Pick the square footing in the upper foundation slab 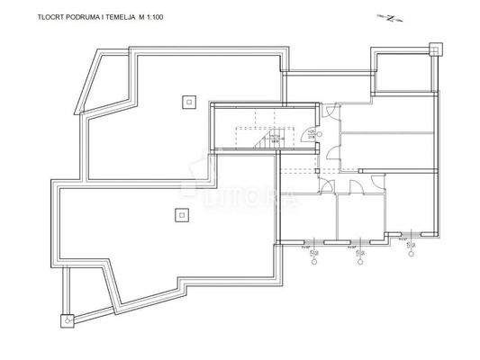tap(187, 101)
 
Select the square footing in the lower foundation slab tap(179, 214)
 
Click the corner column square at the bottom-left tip tap(67, 317)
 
